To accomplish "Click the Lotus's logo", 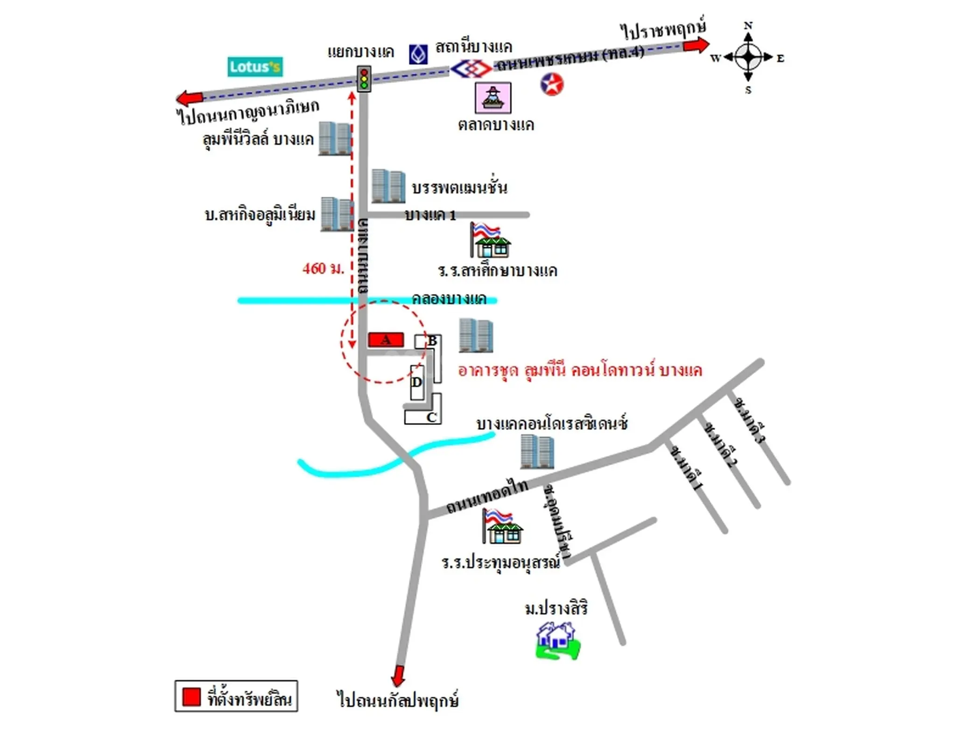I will pyautogui.click(x=255, y=67).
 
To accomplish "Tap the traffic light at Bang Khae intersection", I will pyautogui.click(x=364, y=78).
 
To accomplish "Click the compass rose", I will pyautogui.click(x=748, y=57).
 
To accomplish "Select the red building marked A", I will pyautogui.click(x=386, y=340).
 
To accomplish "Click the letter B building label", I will pyautogui.click(x=432, y=341).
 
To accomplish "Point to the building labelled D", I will pyautogui.click(x=417, y=382).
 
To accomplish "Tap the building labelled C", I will pyautogui.click(x=431, y=417).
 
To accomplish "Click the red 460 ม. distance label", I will pyautogui.click(x=323, y=269).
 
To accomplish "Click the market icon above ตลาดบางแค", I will pyautogui.click(x=493, y=97).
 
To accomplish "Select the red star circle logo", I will pyautogui.click(x=552, y=84).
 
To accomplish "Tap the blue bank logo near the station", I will pyautogui.click(x=418, y=55).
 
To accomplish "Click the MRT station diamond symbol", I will pyautogui.click(x=471, y=70).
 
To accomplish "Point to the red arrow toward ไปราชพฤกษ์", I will pyautogui.click(x=696, y=45).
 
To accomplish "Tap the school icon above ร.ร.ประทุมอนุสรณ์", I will pyautogui.click(x=502, y=526).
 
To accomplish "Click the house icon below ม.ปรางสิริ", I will pyautogui.click(x=557, y=641).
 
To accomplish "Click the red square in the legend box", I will pyautogui.click(x=191, y=696).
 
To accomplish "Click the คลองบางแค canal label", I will pyautogui.click(x=449, y=298).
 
